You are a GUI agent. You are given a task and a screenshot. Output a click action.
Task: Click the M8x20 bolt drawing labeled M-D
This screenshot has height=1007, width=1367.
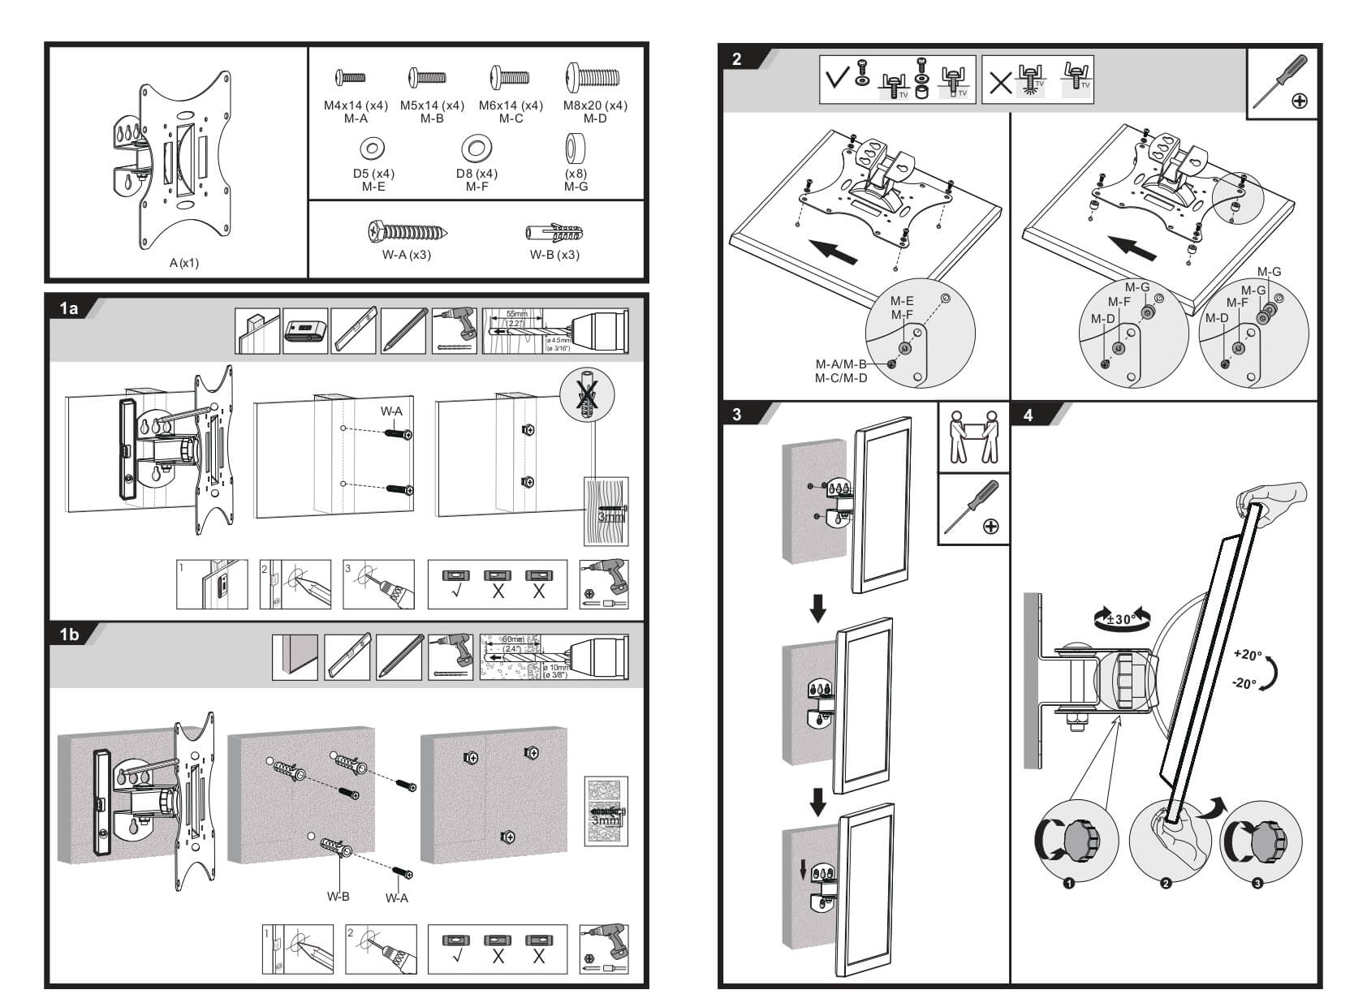[593, 79]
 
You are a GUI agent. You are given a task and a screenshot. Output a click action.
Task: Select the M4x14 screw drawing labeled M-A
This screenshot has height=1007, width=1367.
[351, 78]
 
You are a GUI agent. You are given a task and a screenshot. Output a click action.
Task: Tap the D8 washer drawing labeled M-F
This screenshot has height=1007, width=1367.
[477, 148]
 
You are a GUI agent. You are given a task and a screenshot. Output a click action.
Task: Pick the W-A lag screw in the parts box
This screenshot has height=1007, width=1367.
[406, 232]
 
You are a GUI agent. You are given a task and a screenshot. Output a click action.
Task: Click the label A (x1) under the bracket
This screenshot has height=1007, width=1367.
[184, 263]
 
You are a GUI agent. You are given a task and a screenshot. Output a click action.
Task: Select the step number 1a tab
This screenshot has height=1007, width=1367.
[69, 308]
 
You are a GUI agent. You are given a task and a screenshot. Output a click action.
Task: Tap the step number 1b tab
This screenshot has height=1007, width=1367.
[69, 634]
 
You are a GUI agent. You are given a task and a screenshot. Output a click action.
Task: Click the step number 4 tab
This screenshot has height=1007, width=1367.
[1028, 415]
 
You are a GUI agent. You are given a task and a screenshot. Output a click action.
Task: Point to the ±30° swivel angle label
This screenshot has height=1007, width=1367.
[1123, 620]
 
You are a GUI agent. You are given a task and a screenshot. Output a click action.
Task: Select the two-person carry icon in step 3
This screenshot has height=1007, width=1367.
[972, 437]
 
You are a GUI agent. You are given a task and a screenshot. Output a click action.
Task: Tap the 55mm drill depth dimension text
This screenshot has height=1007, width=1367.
[516, 314]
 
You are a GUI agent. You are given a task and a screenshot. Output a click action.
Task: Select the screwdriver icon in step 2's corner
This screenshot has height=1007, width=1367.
[1281, 81]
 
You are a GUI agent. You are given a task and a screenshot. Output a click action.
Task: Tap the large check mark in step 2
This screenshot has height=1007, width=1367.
[837, 80]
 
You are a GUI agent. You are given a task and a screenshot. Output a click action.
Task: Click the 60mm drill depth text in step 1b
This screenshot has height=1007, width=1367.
[513, 639]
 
